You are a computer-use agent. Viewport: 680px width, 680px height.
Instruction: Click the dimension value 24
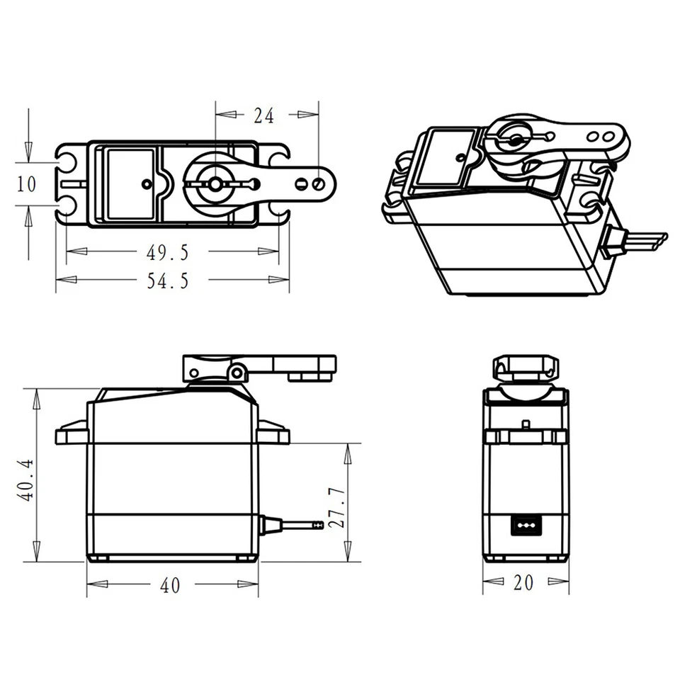coord(263,115)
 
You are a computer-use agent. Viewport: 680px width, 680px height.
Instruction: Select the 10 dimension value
coord(26,184)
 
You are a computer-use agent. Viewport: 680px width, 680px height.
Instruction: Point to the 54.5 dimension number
coord(168,280)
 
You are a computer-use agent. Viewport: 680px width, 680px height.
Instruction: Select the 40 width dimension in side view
coord(170,585)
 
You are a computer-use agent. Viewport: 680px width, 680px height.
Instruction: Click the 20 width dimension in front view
coord(524,582)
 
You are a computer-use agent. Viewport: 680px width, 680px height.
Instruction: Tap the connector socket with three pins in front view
coord(526,526)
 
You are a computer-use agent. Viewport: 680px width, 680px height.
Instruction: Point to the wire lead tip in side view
coord(318,525)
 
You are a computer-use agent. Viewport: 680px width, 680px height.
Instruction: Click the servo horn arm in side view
coord(283,365)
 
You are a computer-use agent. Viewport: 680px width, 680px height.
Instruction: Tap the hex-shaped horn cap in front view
coord(526,367)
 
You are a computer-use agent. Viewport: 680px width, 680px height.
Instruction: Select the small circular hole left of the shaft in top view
coord(147,184)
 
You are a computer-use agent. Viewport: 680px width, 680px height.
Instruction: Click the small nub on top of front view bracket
coord(526,424)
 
